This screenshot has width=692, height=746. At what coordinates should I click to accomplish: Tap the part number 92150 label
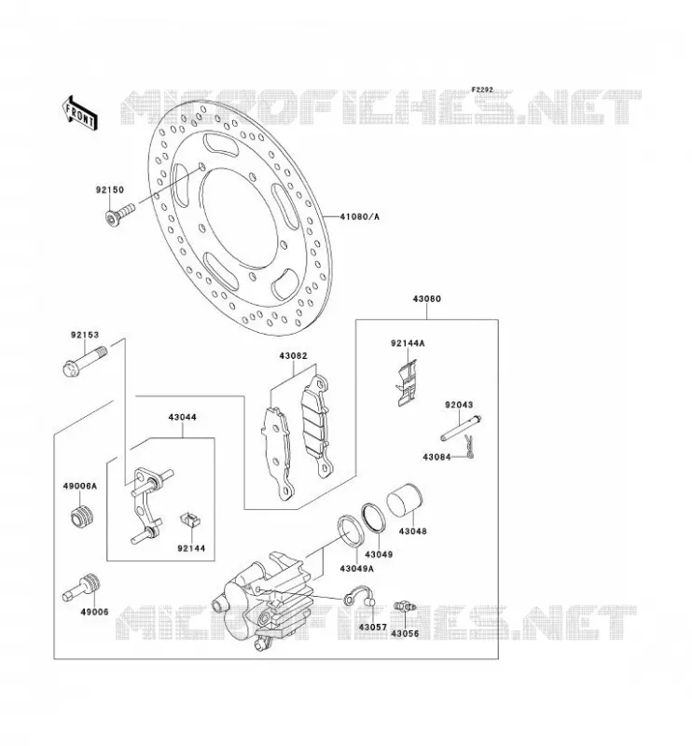[110, 190]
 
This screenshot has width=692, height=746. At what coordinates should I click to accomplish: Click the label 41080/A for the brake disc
[360, 217]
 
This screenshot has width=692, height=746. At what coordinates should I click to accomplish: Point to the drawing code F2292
[483, 90]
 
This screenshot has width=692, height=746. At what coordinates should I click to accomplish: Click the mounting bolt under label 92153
[85, 361]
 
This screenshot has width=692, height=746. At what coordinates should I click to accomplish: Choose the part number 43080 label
[426, 298]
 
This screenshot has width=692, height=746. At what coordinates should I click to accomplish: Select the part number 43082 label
[293, 356]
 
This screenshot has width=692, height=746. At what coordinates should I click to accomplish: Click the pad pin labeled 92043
[461, 428]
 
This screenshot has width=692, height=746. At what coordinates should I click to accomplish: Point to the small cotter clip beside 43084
[469, 448]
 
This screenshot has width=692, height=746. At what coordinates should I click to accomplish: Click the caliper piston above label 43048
[404, 500]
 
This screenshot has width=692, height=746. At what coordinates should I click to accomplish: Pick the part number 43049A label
[356, 569]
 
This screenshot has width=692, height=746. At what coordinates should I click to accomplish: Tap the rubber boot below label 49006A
[80, 517]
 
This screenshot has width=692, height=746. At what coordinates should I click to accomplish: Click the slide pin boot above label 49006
[81, 587]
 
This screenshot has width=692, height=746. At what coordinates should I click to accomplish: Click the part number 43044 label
[182, 417]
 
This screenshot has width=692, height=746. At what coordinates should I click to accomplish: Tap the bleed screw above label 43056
[405, 607]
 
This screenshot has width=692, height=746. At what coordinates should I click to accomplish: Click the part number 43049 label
[379, 554]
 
